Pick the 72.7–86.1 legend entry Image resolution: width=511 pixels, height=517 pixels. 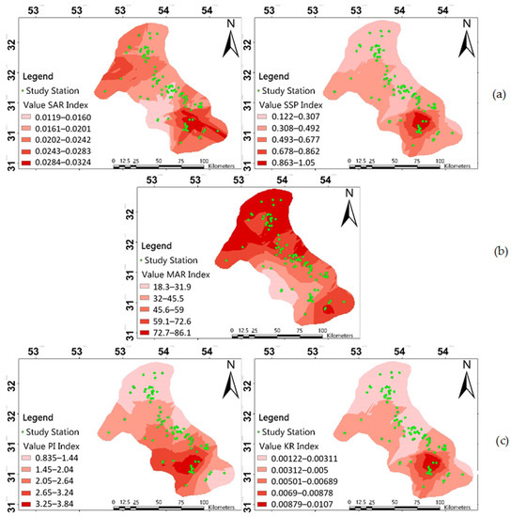point(178,334)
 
